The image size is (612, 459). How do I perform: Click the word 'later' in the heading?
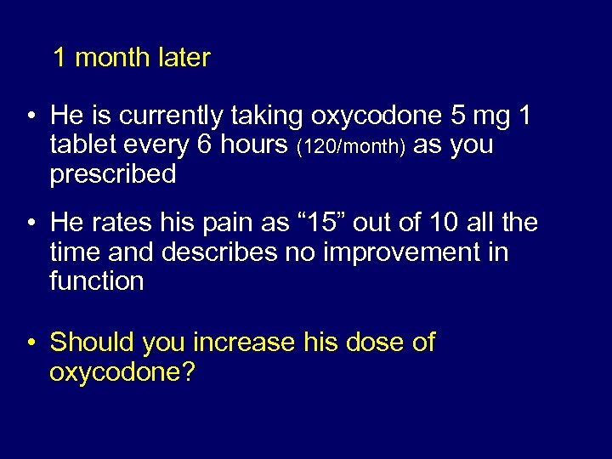pos(184,58)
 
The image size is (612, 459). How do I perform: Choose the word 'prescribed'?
pos(113,175)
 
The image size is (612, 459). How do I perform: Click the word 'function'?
pos(97,281)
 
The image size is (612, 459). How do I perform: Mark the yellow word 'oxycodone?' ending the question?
pos(122,372)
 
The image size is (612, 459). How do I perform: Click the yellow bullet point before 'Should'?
pos(31,343)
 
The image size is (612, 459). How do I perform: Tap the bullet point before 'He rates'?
pos(31,224)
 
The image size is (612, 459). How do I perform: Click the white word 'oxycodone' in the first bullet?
pos(377,115)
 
